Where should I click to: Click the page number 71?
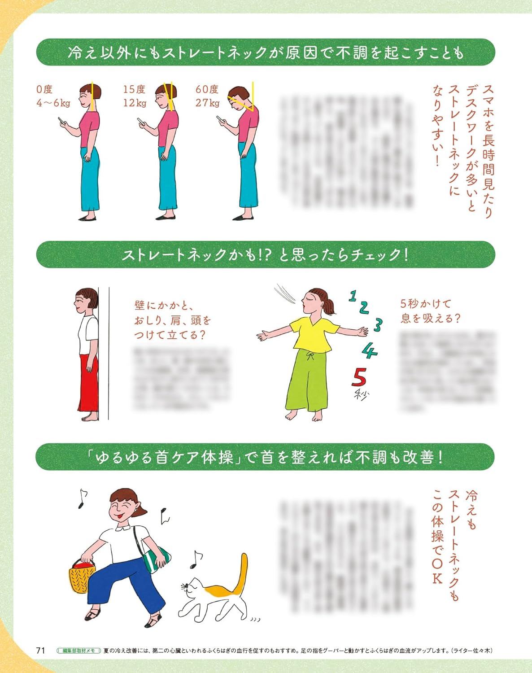[41, 650]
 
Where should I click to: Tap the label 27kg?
[207, 103]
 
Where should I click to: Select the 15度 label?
[134, 89]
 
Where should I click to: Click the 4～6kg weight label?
[53, 103]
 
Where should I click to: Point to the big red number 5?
[359, 377]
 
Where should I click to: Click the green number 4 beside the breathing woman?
[369, 350]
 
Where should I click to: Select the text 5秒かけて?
[425, 304]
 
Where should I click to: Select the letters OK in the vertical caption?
[437, 570]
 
